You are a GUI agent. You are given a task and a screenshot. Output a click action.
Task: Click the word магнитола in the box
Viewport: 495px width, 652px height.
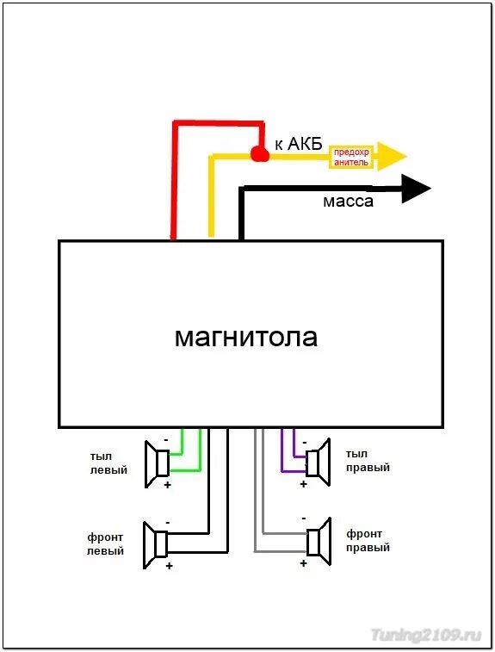245,336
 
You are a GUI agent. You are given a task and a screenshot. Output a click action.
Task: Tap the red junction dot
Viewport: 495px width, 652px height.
259,153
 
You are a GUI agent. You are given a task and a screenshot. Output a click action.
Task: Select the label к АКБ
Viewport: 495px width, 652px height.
298,145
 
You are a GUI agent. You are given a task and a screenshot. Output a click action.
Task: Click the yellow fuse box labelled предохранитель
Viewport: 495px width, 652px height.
351,157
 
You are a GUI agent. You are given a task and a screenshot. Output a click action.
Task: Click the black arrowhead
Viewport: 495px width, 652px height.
417,189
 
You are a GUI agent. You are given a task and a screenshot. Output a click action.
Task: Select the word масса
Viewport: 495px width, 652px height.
348,202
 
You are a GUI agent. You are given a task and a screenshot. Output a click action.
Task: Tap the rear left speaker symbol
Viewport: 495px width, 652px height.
158,463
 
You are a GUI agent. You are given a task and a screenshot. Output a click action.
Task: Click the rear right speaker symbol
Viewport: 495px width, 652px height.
318,460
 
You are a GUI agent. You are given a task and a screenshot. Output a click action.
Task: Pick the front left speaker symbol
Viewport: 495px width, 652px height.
157,544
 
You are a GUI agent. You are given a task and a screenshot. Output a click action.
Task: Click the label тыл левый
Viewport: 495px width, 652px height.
108,463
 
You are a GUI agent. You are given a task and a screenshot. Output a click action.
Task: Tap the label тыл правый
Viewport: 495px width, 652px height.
368,461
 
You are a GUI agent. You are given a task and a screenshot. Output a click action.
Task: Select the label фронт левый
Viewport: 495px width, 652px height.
105,543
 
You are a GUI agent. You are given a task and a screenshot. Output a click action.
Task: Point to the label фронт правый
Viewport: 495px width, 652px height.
368,540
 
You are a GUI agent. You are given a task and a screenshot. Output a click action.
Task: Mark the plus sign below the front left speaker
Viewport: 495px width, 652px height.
169,566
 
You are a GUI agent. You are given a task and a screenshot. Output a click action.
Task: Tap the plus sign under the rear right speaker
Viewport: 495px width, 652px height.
303,484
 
